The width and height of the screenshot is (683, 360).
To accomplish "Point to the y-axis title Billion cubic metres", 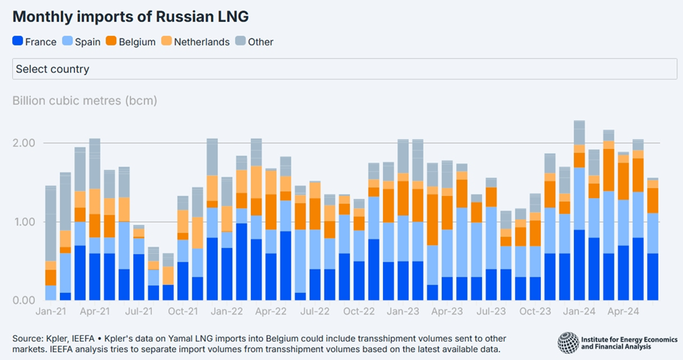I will click(x=85, y=99).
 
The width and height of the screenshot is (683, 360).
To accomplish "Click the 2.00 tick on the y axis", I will click(x=24, y=143).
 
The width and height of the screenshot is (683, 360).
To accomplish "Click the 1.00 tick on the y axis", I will click(x=24, y=222).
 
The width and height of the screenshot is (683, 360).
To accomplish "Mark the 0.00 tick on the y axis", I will click(x=24, y=300).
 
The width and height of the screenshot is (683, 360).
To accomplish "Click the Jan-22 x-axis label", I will click(x=227, y=312).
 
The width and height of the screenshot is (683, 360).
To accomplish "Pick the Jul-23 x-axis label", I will click(x=491, y=312).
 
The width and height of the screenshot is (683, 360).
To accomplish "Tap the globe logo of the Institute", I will click(x=569, y=342).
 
